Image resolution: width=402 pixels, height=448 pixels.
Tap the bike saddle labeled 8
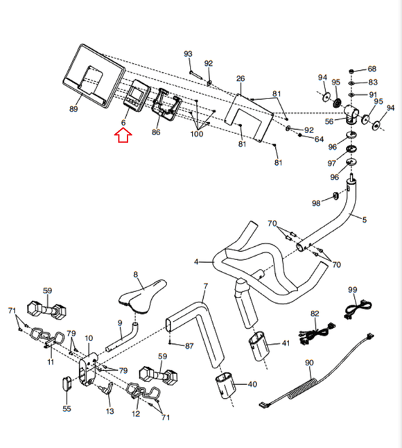pos(142,293)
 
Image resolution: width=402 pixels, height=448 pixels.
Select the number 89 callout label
pos(74,108)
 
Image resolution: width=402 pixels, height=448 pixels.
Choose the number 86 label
pos(156,132)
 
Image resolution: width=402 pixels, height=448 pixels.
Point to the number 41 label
pos(285,343)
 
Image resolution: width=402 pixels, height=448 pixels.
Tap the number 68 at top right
pos(372,69)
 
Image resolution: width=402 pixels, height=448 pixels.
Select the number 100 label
pos(197,134)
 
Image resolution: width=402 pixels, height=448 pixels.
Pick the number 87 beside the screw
pos(189,345)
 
